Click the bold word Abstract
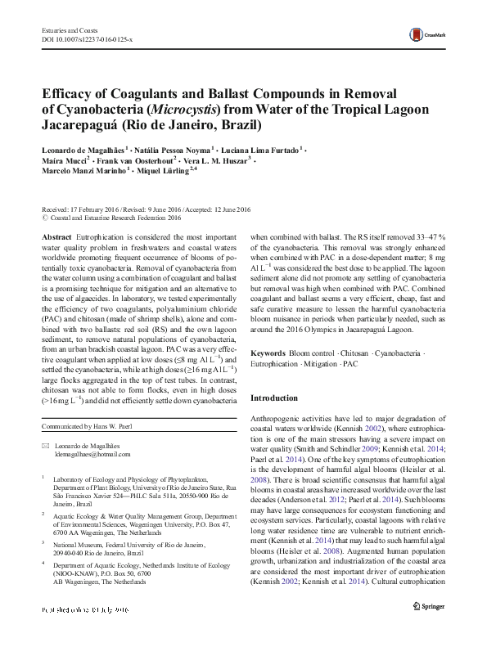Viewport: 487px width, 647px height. (56, 235)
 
